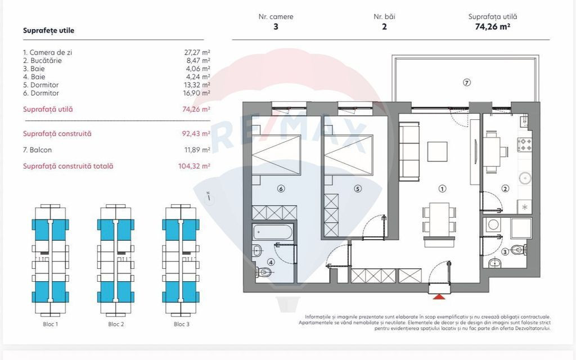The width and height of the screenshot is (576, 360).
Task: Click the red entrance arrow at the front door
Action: coord(439,297)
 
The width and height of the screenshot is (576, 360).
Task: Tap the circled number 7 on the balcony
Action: coord(466,83)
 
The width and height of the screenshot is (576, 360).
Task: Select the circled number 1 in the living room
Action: coord(442,189)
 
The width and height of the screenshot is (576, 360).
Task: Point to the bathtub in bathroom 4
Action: coord(273,232)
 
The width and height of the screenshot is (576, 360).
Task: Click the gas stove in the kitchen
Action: coord(525,145)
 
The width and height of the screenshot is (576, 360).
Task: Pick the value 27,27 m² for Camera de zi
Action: coord(197,52)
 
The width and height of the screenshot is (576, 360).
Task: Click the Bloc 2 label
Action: coord(116,325)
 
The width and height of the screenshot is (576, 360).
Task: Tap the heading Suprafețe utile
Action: coord(48,30)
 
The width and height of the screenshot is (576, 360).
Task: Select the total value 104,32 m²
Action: coord(194,166)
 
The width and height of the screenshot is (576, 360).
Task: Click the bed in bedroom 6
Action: coord(276,155)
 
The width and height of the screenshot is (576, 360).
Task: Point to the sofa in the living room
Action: coord(409,151)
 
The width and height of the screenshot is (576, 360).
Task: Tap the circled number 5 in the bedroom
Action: coord(357,189)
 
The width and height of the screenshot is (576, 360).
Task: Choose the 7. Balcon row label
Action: coord(37,150)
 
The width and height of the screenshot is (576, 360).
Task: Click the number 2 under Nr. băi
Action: coord(384,26)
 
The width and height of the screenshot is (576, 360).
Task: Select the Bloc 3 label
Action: coord(182,325)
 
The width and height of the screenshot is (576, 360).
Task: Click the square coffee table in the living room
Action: coord(437,152)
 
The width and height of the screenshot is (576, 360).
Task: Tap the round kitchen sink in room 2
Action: coord(525,178)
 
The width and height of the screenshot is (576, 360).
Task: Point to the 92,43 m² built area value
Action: coord(196,134)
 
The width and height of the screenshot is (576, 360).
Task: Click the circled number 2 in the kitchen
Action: coord(505,189)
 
